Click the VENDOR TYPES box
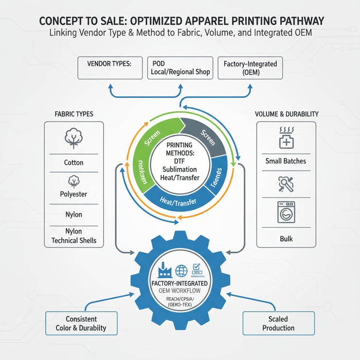coord(110,68)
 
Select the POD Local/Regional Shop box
coord(180,68)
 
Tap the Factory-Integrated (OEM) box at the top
coord(250,68)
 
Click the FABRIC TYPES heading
coord(74,113)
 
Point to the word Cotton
coord(74,163)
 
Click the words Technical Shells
coord(74,240)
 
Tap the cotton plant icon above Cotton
coord(74,138)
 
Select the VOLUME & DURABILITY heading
coord(286,113)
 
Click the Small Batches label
coord(285,161)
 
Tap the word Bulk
coord(285,239)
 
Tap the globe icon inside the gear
coord(181,271)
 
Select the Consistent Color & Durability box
coord(81,323)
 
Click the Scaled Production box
coord(278,323)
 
